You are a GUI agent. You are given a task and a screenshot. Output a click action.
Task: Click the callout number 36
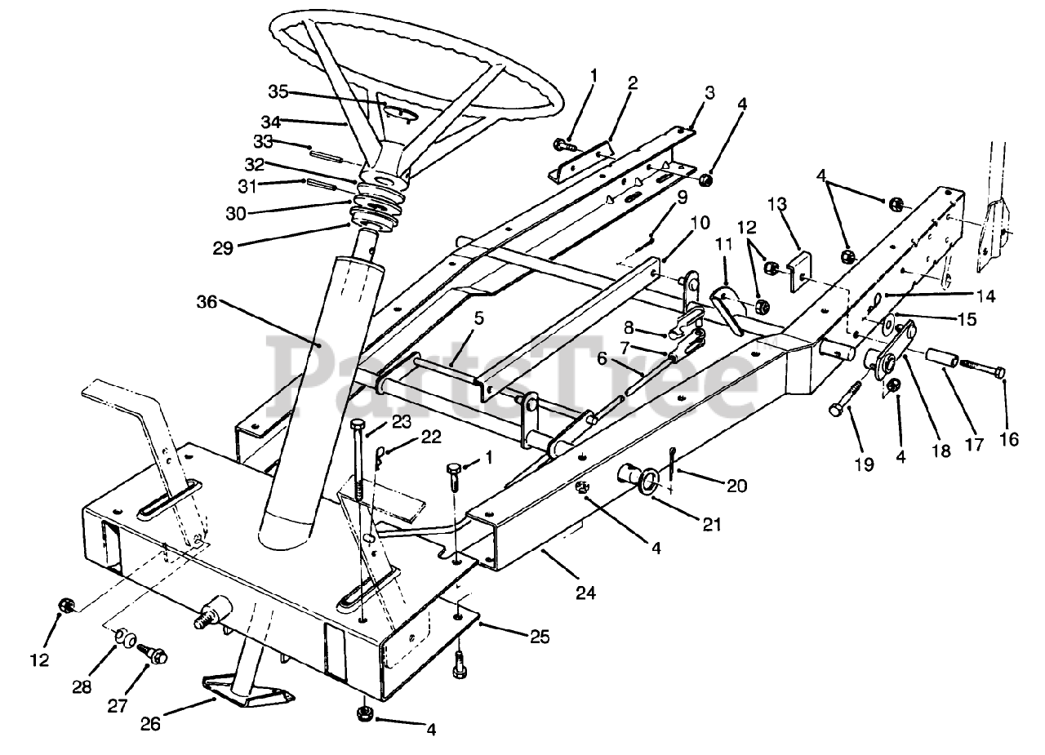(207, 301)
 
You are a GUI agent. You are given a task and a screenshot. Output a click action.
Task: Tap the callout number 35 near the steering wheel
(278, 91)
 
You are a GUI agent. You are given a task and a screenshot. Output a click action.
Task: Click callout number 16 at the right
(1009, 439)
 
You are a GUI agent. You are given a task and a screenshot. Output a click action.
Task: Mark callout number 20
(737, 484)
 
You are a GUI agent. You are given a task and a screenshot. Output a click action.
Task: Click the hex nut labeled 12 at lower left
(66, 605)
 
